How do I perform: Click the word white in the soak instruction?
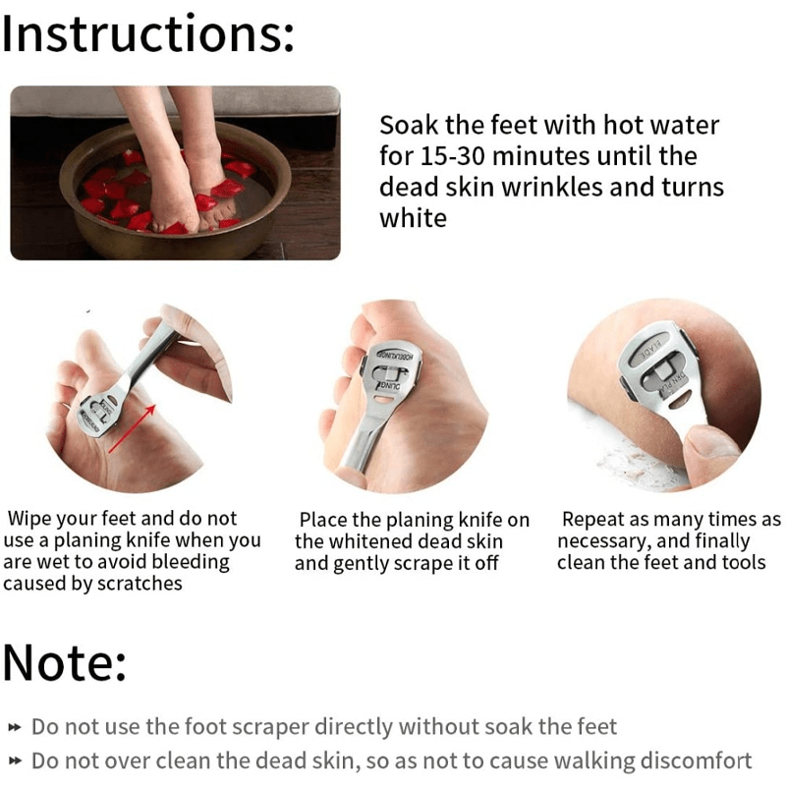413,218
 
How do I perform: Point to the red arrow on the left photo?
132,427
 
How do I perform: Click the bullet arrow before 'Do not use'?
14,728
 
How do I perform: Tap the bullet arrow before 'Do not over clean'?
14,761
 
